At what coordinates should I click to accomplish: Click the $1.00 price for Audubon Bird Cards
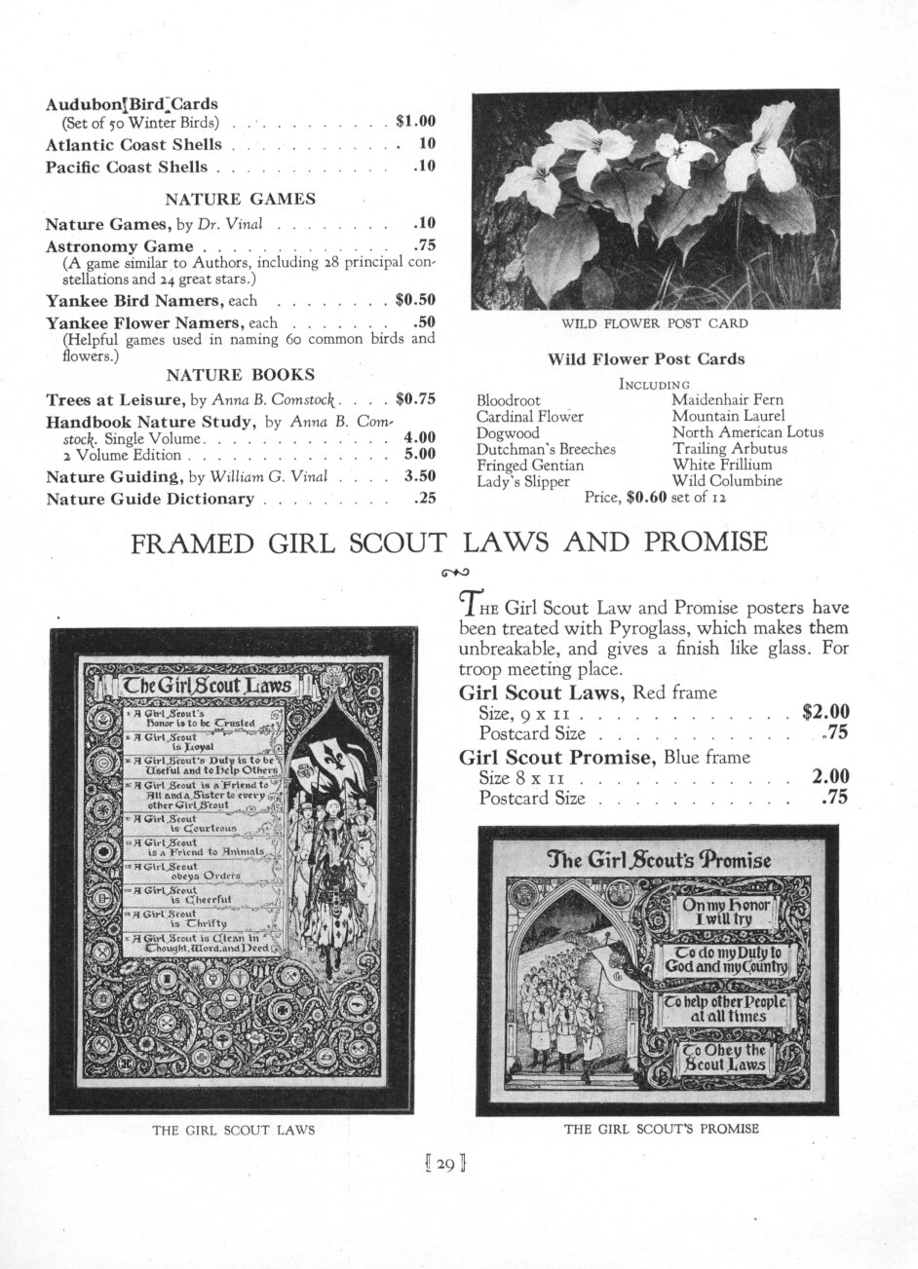[415, 123]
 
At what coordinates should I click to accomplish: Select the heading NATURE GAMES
[240, 199]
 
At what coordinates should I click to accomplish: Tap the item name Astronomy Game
[120, 245]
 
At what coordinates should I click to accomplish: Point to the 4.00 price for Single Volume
[419, 437]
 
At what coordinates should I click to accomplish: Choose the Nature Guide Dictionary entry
[150, 499]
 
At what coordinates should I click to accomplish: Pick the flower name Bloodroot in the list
[509, 399]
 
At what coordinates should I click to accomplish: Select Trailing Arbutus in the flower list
[729, 449]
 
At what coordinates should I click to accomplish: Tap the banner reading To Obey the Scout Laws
[723, 1058]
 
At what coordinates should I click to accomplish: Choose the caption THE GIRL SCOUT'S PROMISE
[662, 1130]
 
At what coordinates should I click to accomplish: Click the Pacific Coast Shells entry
[127, 167]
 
